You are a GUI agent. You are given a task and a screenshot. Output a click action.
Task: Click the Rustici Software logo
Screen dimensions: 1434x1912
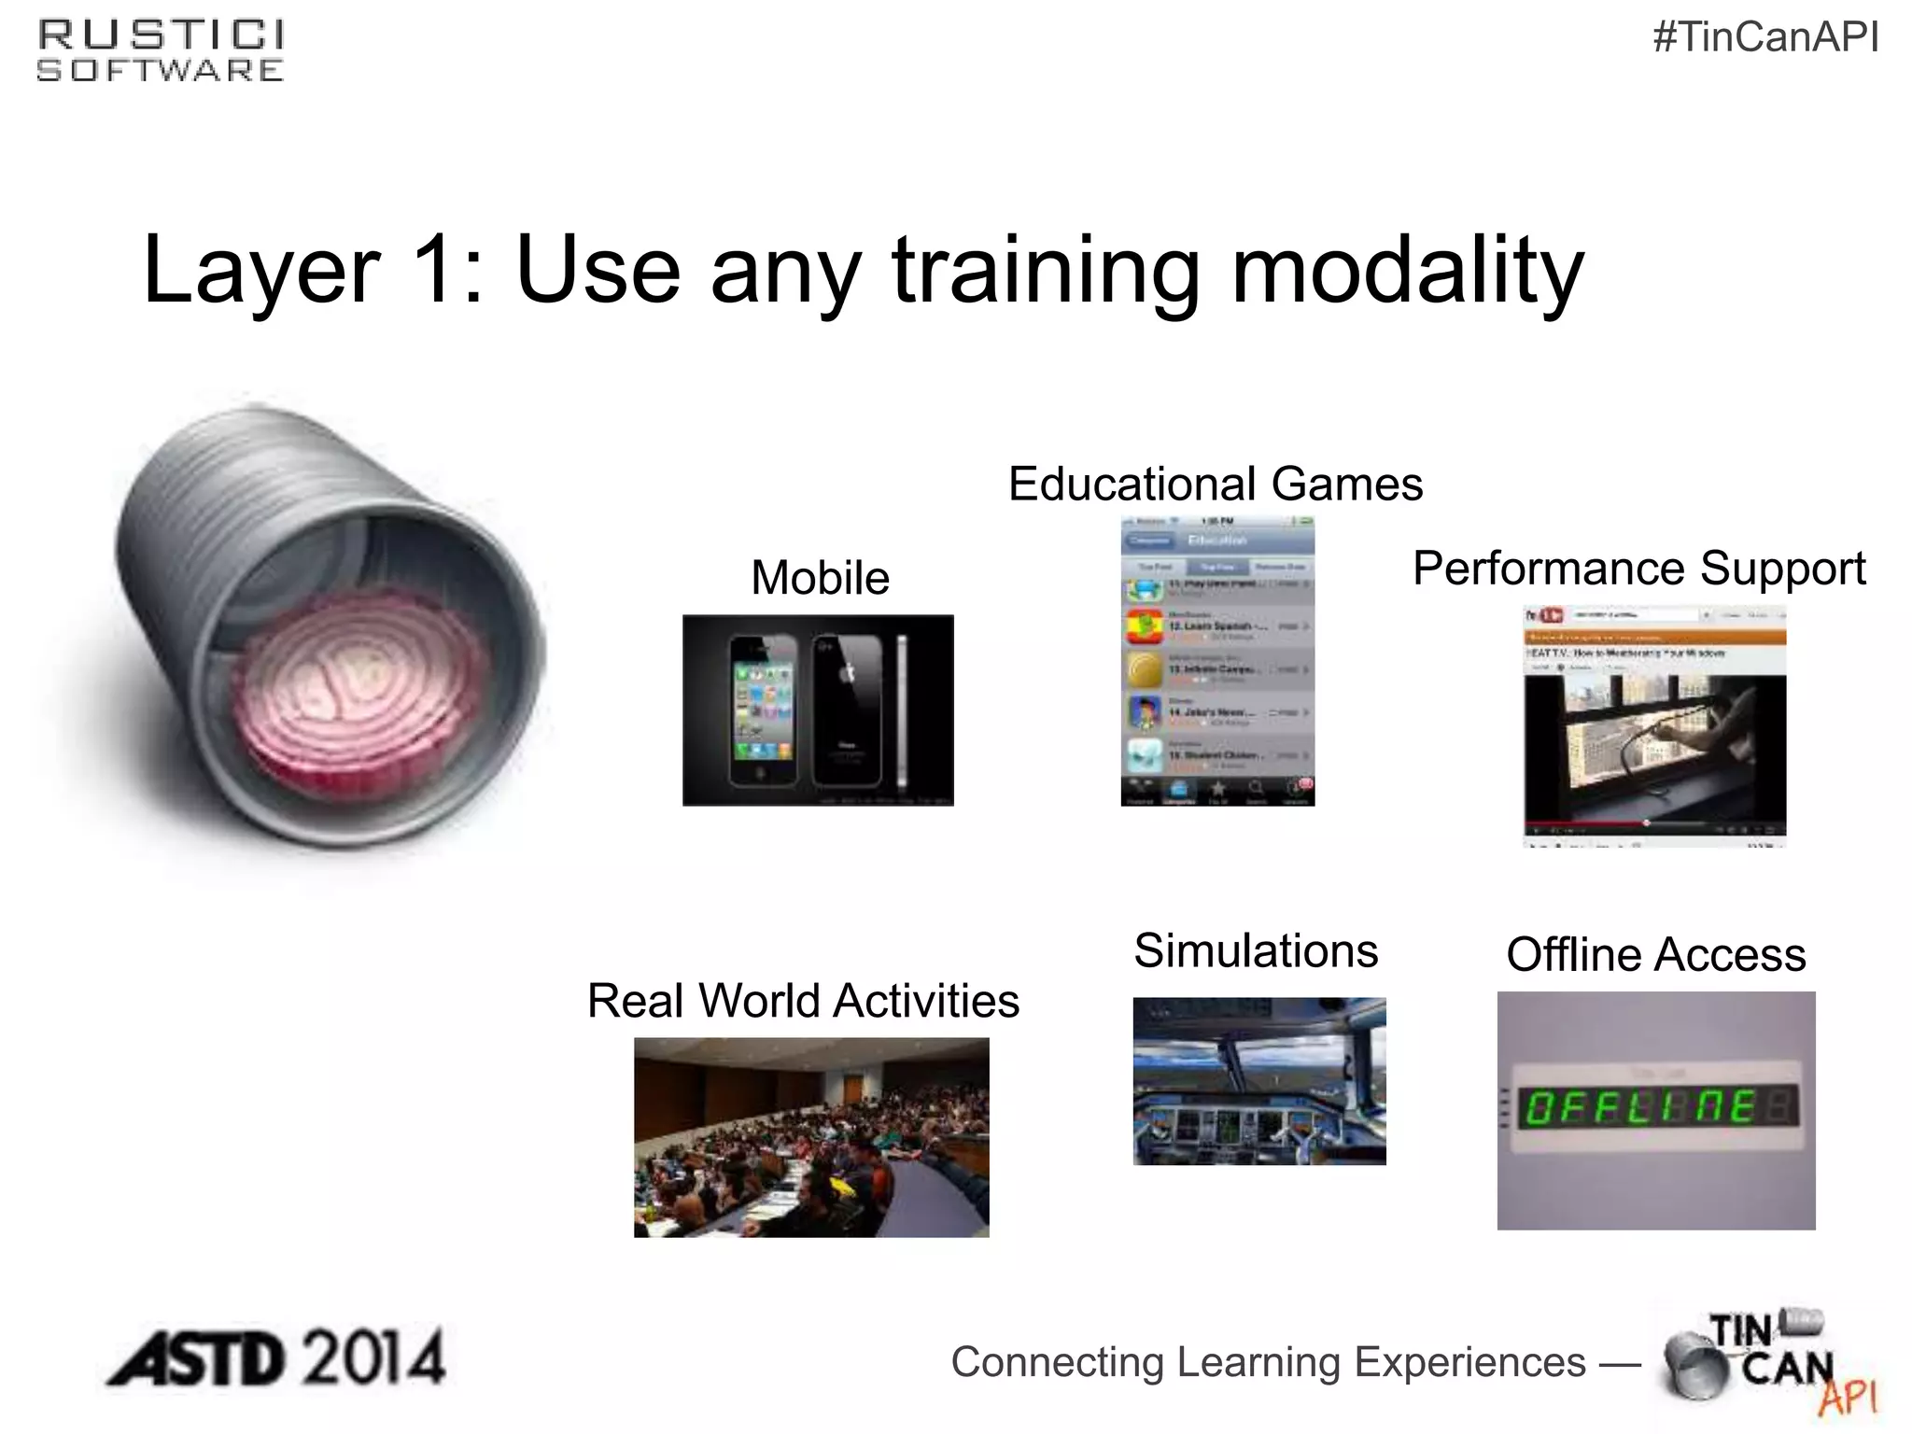point(160,51)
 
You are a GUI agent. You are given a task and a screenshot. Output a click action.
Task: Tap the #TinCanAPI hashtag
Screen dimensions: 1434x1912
point(1765,37)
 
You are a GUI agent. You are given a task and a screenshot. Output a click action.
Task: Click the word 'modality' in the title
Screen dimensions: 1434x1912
point(1408,271)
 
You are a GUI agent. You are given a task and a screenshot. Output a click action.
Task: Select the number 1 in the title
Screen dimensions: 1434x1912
point(430,271)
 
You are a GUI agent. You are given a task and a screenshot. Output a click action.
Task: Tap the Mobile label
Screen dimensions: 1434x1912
point(820,578)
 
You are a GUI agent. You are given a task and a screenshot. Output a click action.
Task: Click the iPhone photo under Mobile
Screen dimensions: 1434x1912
point(818,710)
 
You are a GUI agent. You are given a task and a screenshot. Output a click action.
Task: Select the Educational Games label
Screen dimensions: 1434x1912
point(1215,485)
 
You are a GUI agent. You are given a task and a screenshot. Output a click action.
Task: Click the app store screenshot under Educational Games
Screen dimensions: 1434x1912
point(1217,661)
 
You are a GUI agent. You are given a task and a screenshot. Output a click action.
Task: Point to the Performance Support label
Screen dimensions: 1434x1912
point(1638,569)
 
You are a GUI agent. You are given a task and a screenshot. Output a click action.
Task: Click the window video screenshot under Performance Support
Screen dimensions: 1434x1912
point(1654,726)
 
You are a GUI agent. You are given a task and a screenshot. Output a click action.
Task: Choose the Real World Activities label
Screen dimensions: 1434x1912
point(803,1001)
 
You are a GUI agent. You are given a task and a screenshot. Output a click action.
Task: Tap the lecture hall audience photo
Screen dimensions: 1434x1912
point(811,1137)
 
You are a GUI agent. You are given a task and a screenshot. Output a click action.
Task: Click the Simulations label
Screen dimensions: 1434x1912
point(1256,951)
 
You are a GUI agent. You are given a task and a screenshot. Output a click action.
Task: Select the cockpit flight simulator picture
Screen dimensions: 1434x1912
point(1259,1081)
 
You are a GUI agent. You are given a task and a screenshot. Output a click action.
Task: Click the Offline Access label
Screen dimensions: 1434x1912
point(1656,955)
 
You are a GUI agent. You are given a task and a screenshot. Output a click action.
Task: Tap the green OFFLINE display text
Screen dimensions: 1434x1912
point(1643,1108)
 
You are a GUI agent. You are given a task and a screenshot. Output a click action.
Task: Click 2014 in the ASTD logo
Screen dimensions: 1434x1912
point(373,1359)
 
